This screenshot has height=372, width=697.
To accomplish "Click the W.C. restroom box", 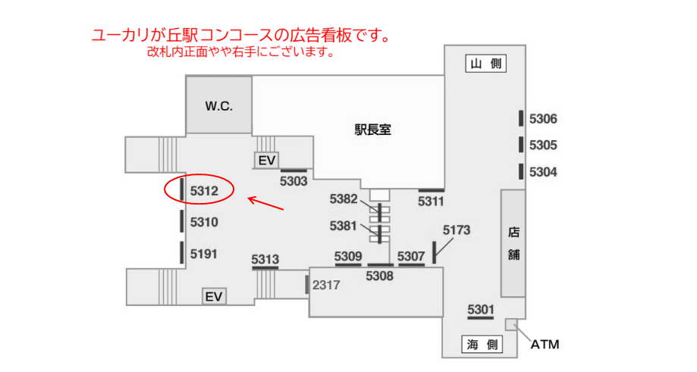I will [219, 106].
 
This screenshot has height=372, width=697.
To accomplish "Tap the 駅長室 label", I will [372, 130].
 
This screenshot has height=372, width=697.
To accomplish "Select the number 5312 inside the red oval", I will [204, 192].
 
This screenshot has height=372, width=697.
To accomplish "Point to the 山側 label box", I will [485, 64].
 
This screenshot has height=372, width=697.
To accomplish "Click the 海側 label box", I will [482, 345].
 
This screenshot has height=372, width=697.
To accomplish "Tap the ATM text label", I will [545, 345].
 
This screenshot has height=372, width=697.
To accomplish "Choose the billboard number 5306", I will [543, 119].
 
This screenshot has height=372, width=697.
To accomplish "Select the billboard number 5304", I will [543, 172].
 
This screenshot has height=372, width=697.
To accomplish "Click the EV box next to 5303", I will [266, 160].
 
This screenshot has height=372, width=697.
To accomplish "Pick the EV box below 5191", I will [214, 296].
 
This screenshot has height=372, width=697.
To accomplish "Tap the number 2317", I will [327, 285].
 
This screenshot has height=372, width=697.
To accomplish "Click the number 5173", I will [457, 229].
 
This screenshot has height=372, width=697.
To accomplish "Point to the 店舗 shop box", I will [513, 242].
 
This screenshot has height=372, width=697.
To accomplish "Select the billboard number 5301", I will [481, 308].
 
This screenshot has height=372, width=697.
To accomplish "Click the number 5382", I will [344, 199].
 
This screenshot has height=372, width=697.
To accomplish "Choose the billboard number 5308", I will [379, 277].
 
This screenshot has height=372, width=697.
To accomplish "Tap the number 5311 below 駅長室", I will [431, 201].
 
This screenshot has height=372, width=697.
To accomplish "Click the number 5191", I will [204, 254].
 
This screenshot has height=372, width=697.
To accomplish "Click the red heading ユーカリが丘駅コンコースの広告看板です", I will [241, 36].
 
